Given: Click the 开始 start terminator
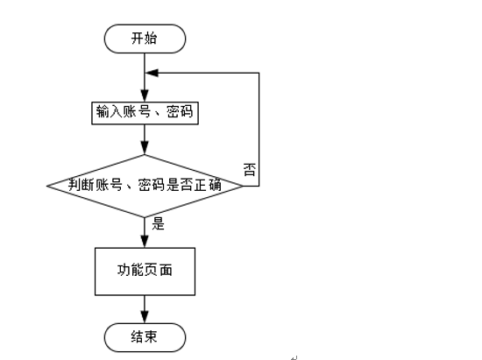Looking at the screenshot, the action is coord(145,39).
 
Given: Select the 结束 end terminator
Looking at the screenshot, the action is coord(145,337).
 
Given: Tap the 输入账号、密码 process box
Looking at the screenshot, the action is coord(145,113).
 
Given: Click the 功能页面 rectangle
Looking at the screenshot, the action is coord(145,272).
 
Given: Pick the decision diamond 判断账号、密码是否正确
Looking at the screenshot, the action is coord(145,186).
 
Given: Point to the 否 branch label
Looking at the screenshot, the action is coord(250,170).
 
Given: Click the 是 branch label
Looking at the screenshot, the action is coord(159,223).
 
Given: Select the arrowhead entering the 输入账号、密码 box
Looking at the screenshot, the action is coord(145,95).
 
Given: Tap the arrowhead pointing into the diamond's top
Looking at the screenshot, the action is coord(145,148).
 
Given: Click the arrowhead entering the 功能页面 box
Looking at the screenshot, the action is coord(145,242).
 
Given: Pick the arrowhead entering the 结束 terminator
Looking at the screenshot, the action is coord(145,317).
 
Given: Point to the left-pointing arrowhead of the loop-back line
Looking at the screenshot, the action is coord(152,73).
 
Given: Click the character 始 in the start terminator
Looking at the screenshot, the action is coord(151,39).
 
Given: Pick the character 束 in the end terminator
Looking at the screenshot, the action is coord(151,337).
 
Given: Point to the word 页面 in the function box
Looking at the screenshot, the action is coord(159,270).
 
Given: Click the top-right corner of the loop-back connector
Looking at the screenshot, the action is coord(259,73).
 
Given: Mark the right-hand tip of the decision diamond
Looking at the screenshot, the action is coord(243,186).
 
